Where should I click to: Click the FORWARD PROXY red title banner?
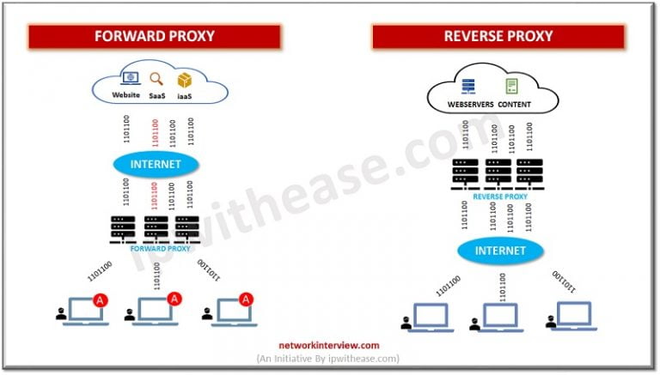(x=154, y=37)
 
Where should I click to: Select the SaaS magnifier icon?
(x=156, y=79)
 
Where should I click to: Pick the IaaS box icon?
(x=184, y=79)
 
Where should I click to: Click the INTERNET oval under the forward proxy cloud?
(x=155, y=163)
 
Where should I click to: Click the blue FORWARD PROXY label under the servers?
(x=155, y=249)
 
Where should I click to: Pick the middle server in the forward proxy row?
(x=156, y=227)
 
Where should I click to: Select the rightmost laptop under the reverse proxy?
(x=569, y=316)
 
